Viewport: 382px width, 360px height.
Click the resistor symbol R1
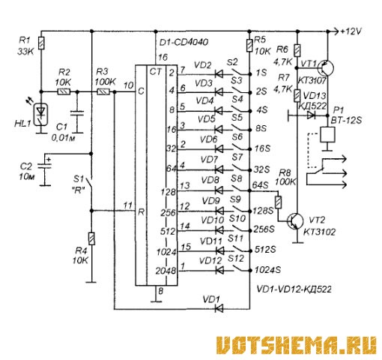click(41, 43)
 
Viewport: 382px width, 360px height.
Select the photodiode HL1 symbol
click(41, 114)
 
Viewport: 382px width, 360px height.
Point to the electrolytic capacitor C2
click(45, 165)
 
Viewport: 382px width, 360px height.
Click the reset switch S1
click(89, 185)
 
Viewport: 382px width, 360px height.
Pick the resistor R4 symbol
click(91, 238)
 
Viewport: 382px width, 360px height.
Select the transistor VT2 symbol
click(295, 221)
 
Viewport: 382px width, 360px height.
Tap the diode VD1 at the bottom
click(219, 309)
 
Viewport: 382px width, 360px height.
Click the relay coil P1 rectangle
click(327, 135)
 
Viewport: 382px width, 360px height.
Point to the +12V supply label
click(351, 31)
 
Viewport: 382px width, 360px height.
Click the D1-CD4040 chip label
click(184, 42)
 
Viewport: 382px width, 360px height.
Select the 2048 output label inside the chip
click(166, 271)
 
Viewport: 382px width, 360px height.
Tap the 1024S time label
click(267, 270)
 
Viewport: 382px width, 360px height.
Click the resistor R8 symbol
click(278, 202)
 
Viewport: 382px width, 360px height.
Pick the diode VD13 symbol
click(310, 115)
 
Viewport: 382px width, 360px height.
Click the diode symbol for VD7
click(219, 170)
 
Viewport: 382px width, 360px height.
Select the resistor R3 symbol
click(103, 92)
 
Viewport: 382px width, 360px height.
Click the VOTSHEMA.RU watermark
click(296, 345)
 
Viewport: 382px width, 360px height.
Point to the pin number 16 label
click(163, 58)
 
